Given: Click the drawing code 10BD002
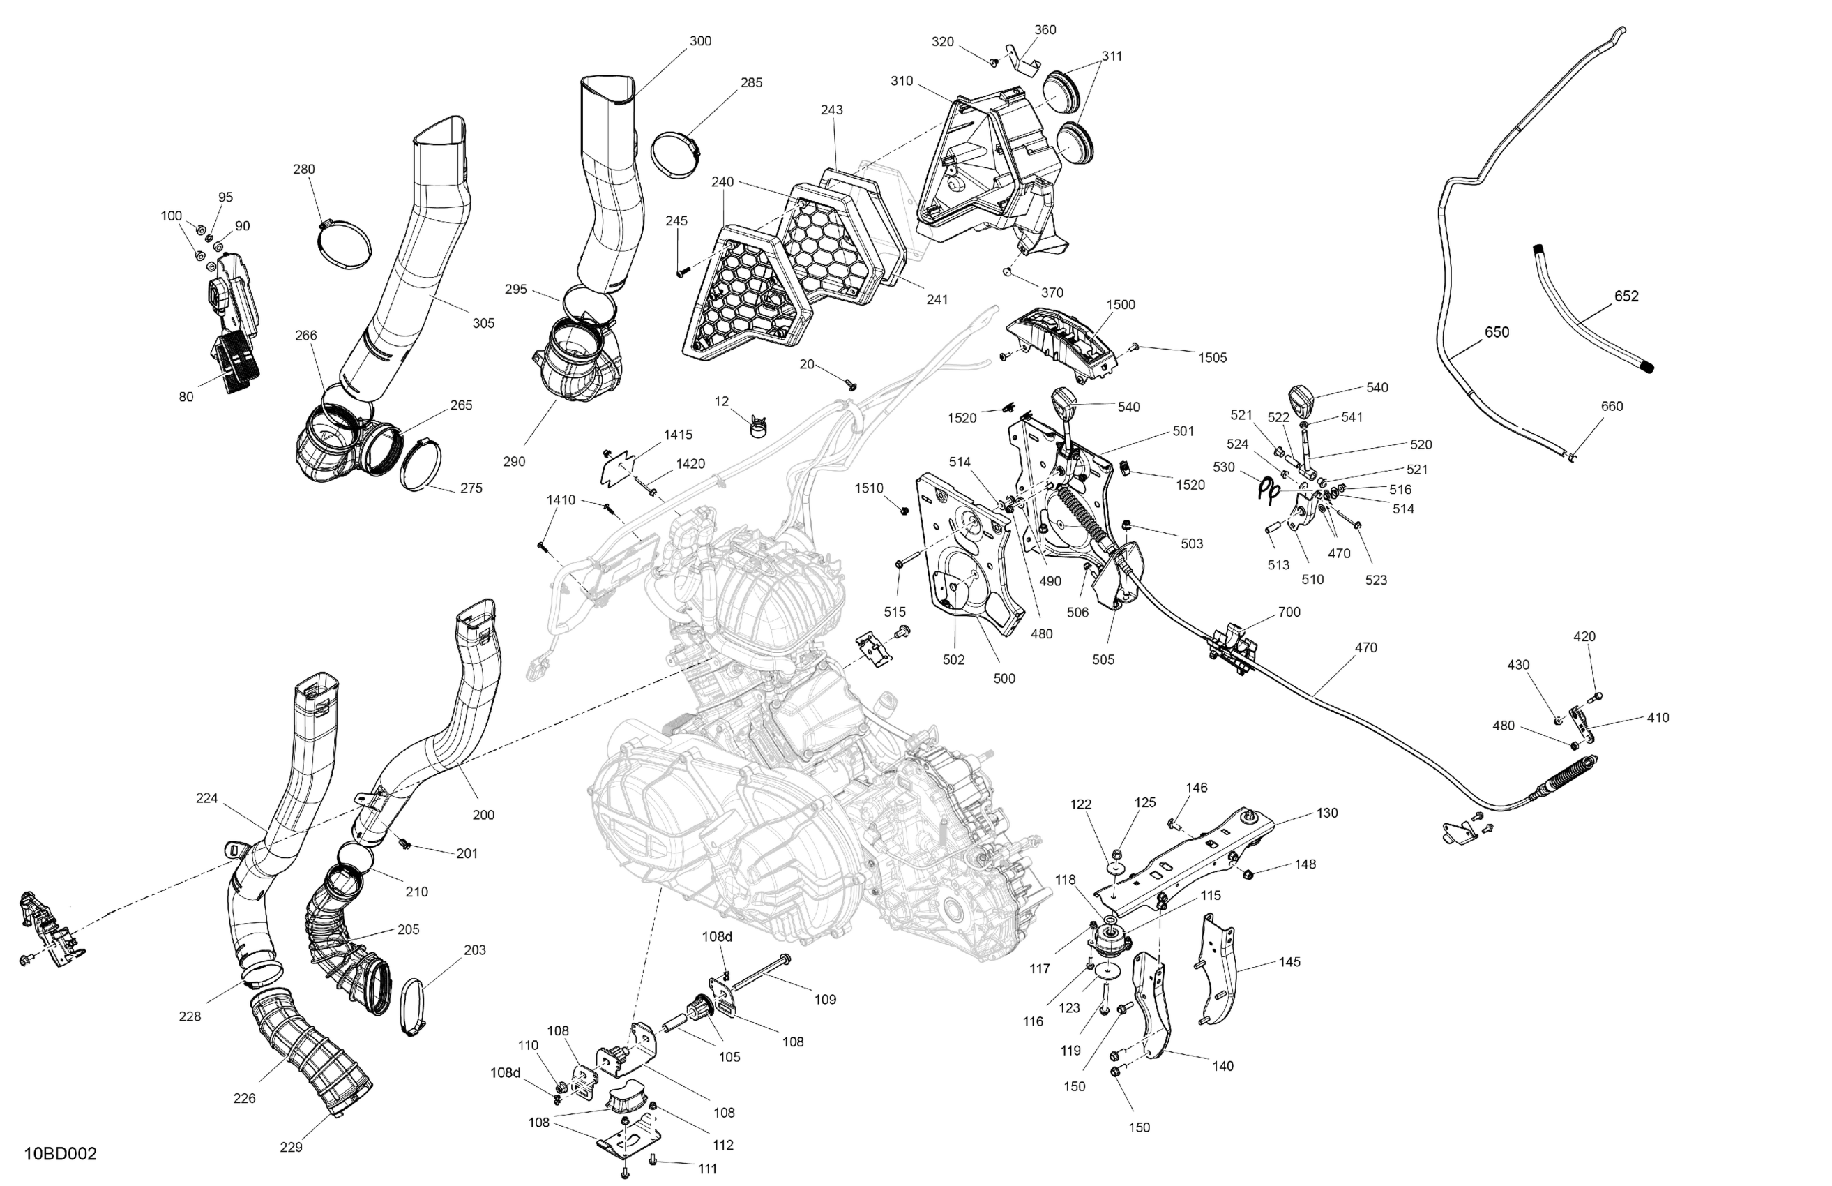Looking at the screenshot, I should click(60, 1154).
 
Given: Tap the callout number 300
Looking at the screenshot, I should click(700, 42).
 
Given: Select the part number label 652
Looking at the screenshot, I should click(1626, 296).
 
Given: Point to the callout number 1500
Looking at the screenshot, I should click(1121, 304).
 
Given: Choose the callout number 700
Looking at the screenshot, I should click(1289, 613).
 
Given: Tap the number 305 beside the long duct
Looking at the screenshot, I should click(483, 324).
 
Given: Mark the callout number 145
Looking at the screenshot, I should click(1290, 962).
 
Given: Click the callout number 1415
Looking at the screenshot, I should click(678, 435).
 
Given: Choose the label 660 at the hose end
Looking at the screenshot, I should click(1612, 407).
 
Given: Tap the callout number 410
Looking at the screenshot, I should click(1658, 718).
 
